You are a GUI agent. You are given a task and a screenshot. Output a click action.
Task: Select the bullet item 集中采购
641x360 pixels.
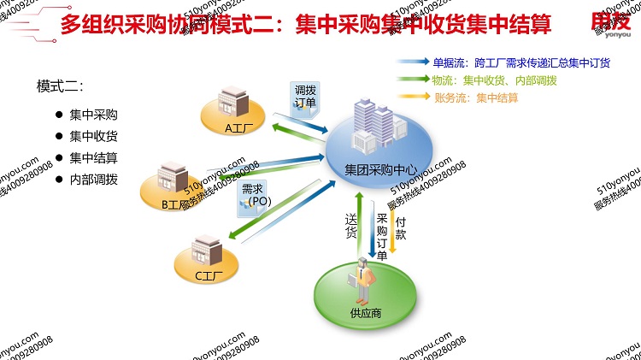point(93,114)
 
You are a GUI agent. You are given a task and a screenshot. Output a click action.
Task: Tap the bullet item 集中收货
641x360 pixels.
point(93,135)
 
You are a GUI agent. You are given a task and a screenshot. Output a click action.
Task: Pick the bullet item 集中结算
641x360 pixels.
point(93,157)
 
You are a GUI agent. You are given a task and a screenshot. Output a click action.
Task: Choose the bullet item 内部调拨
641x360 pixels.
point(93,180)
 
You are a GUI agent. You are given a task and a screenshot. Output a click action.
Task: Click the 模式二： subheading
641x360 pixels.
point(59,86)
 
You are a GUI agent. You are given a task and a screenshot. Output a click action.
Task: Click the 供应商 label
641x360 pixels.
point(365,313)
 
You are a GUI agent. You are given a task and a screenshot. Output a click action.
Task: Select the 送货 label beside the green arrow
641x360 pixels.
point(350,226)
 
